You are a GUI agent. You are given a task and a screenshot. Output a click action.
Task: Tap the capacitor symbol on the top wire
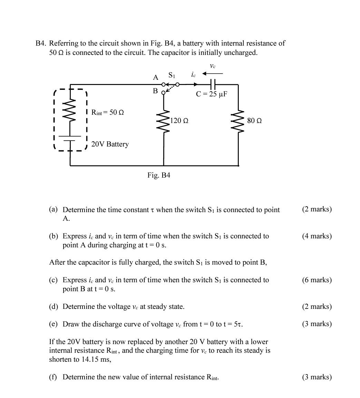[213, 84]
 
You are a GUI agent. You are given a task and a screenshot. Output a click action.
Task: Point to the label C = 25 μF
[211, 94]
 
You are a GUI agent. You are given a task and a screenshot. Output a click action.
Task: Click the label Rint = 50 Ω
[107, 112]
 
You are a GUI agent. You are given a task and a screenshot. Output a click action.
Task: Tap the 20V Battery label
[110, 144]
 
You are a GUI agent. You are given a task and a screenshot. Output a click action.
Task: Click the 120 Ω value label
[179, 121]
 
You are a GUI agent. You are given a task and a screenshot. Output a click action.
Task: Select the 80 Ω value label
[254, 121]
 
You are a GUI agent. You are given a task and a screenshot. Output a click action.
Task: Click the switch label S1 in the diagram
[172, 75]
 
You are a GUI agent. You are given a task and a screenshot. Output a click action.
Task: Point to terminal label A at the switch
[155, 78]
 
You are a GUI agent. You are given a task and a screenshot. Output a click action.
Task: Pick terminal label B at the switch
[155, 91]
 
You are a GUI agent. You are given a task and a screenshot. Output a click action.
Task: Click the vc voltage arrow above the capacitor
[213, 73]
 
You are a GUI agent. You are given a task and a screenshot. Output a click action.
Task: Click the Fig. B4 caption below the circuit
[158, 175]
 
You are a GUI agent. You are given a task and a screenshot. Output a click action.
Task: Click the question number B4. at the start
[41, 44]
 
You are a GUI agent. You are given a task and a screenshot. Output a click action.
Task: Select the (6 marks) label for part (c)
[317, 280]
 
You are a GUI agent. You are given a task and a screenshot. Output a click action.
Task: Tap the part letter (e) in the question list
[53, 324]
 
